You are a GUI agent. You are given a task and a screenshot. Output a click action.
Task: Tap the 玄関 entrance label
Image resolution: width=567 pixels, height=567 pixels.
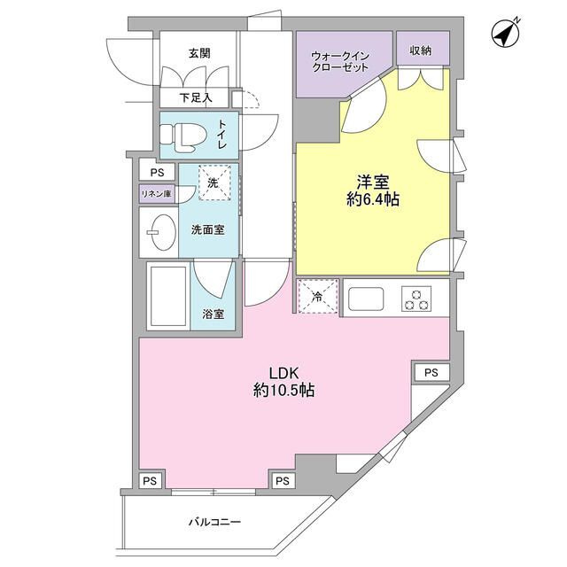point(199,53)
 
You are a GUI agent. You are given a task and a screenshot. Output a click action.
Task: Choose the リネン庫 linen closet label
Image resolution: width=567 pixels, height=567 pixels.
point(157,192)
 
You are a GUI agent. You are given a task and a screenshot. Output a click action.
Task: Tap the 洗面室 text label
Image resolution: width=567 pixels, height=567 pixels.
point(208,229)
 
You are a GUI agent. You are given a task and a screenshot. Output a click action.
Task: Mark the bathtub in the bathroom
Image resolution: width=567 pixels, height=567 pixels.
point(167,298)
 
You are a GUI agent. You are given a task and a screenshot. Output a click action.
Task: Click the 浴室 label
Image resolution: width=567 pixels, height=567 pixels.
point(213,314)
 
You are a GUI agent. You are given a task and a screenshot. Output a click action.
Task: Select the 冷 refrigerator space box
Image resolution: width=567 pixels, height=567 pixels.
point(317,296)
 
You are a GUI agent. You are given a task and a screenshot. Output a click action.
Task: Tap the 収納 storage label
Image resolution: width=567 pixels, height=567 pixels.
point(421,50)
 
